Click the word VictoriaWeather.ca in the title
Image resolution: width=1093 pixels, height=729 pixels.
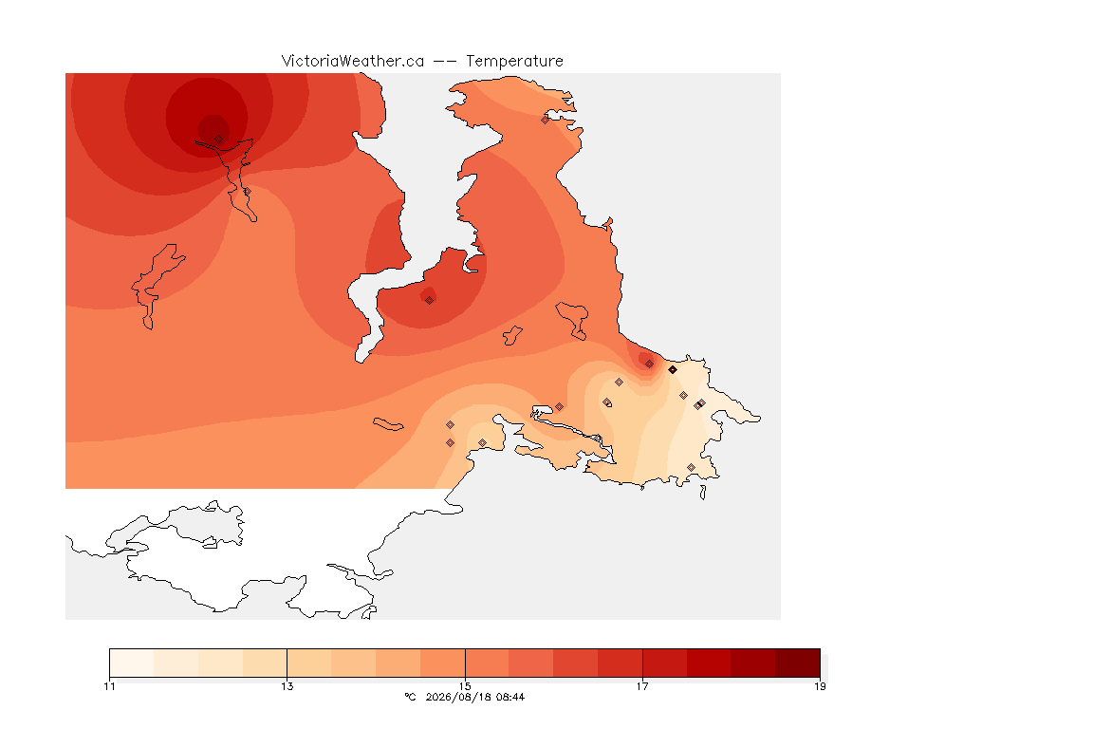(353, 61)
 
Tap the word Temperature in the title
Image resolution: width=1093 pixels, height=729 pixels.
(514, 61)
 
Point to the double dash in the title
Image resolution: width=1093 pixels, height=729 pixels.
(445, 62)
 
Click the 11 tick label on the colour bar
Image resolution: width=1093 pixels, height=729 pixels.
(109, 686)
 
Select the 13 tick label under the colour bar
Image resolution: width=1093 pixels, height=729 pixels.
(287, 686)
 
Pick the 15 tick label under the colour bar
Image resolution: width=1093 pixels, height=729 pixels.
(465, 686)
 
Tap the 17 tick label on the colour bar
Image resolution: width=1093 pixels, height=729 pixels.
(642, 686)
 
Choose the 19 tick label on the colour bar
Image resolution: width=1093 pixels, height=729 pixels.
(820, 686)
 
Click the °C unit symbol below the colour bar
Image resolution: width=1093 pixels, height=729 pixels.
(410, 697)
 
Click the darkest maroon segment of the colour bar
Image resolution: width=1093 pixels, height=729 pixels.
(797, 663)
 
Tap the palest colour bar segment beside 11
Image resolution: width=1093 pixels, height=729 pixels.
(132, 663)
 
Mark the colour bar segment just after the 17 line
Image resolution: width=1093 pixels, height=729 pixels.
(664, 663)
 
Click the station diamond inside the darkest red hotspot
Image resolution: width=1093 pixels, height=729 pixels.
(219, 140)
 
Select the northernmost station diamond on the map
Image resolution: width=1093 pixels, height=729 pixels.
(546, 120)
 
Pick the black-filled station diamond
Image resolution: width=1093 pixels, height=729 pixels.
(672, 370)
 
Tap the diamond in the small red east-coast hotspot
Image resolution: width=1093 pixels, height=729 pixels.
(649, 364)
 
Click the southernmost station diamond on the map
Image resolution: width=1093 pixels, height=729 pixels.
(691, 467)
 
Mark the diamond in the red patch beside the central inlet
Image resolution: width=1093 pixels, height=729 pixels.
(430, 301)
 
